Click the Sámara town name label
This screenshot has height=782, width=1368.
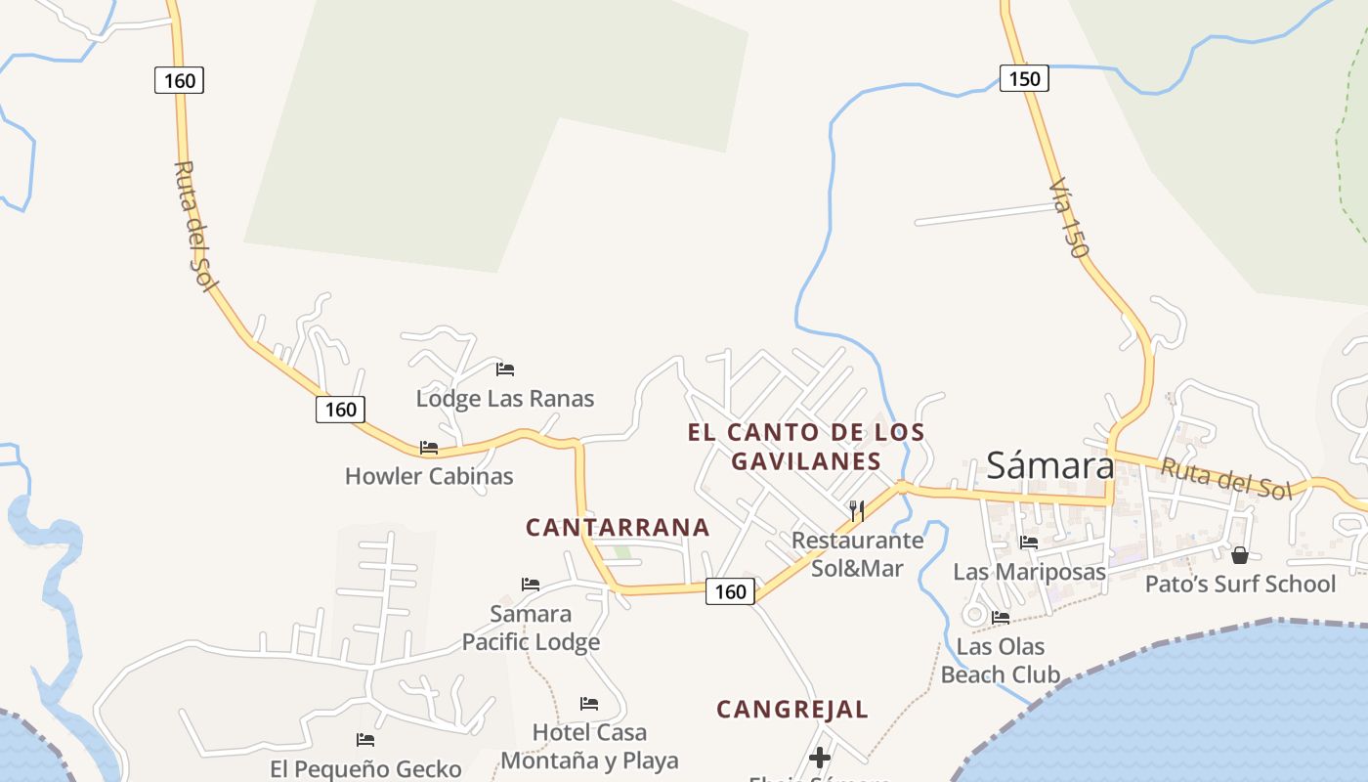coord(1049,465)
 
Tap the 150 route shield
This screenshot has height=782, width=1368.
coord(1024,78)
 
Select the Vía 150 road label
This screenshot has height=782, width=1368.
coord(1068,218)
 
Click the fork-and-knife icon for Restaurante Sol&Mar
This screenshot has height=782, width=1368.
coord(857,510)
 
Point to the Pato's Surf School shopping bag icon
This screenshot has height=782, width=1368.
coord(1240,555)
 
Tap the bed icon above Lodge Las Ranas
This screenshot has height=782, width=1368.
coord(505,369)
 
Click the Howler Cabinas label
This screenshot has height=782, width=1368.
coord(429,476)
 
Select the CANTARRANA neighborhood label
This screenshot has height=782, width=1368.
coord(618,528)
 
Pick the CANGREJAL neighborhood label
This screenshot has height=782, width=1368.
coord(792,710)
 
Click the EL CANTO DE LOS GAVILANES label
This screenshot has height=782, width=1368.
coord(806,446)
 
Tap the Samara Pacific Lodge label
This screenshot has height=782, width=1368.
coord(531,628)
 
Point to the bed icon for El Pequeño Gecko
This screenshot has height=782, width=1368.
coord(365,740)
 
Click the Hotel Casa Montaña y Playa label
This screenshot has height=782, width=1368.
coord(589,746)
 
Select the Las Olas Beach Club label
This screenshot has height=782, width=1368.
coord(1001,660)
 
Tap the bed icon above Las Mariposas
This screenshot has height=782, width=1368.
coord(1029,543)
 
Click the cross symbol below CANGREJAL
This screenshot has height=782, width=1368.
coord(820,758)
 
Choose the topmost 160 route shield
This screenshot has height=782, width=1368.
coord(180,80)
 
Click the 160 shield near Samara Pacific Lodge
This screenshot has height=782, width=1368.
coord(730,591)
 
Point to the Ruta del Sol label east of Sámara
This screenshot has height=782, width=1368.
coord(1225,478)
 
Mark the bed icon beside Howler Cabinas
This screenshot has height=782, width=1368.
coord(429,448)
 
